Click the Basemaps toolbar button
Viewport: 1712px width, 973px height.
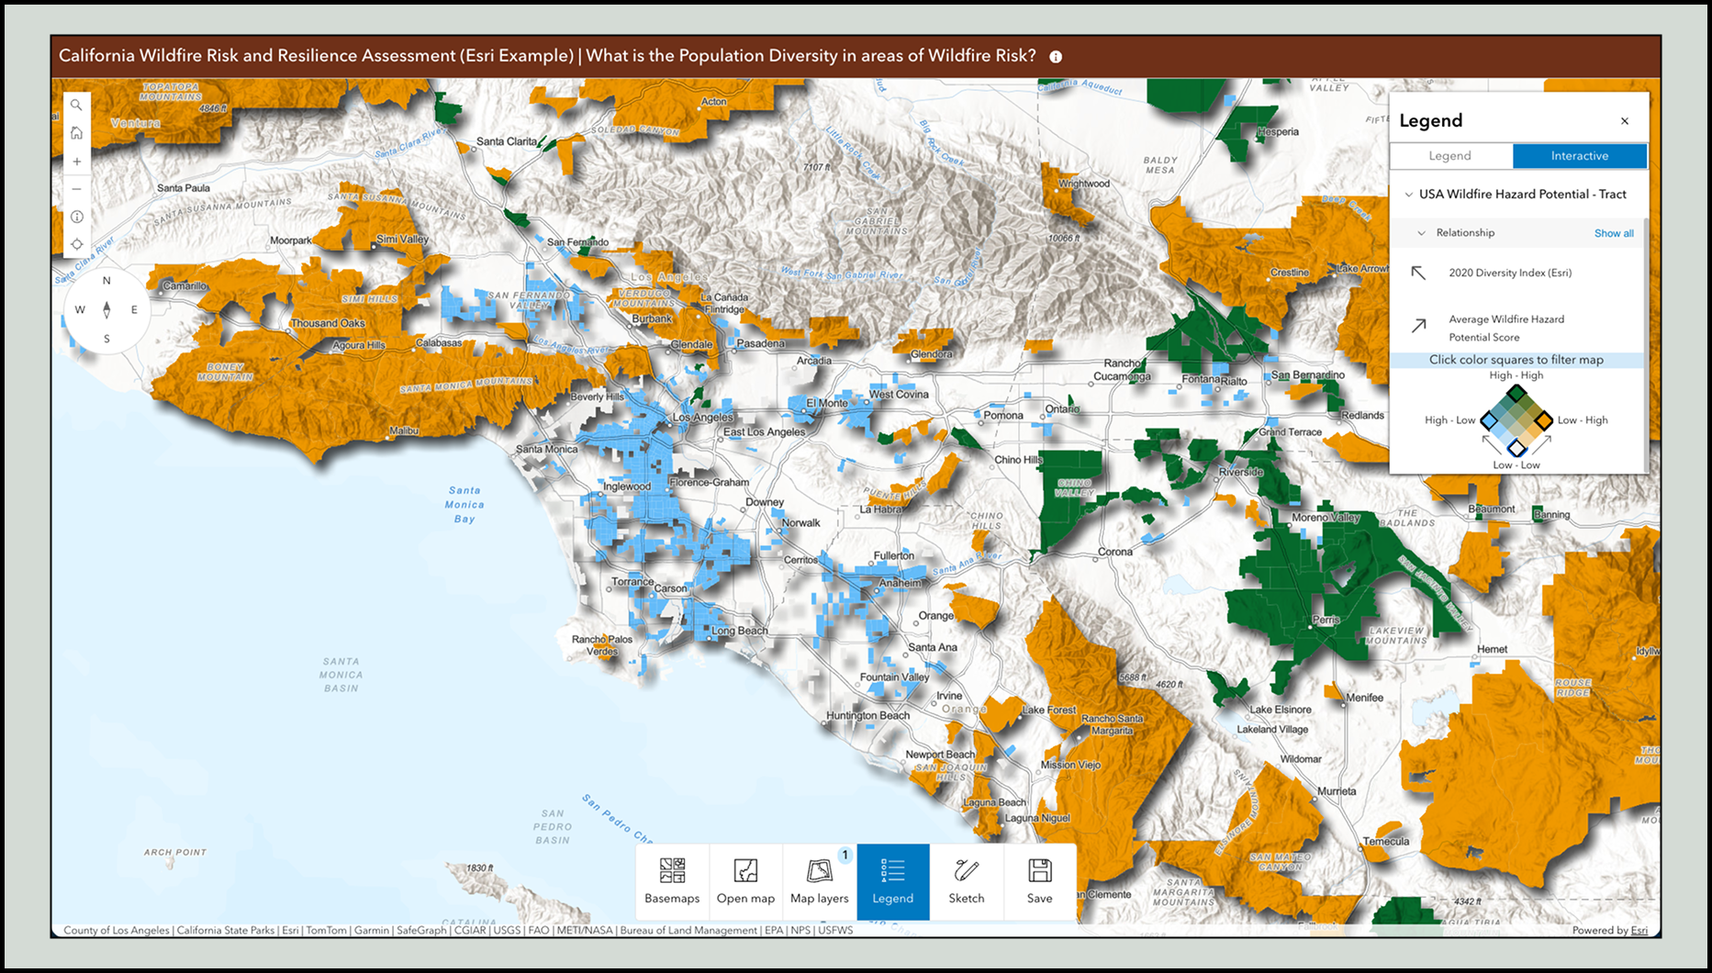point(672,881)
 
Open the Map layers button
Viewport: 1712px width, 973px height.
point(819,881)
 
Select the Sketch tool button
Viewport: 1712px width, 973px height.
point(966,881)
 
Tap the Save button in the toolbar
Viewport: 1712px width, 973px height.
point(1039,881)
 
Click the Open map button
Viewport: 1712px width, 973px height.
point(745,881)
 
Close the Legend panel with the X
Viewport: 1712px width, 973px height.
point(1624,121)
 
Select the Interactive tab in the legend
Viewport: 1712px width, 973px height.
point(1579,156)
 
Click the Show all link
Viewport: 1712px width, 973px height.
point(1613,233)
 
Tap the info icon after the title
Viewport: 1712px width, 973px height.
point(1056,57)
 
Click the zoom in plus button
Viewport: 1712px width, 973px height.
point(77,162)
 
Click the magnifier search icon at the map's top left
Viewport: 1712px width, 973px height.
point(77,106)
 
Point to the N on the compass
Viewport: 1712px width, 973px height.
point(106,281)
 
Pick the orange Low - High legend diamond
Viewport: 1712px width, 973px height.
point(1543,420)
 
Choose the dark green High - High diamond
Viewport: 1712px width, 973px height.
point(1516,394)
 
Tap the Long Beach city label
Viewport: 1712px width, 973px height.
point(739,631)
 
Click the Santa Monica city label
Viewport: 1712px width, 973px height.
point(546,449)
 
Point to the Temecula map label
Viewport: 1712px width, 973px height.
point(1385,841)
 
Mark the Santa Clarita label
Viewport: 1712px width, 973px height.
point(507,141)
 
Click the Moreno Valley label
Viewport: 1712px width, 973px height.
point(1326,518)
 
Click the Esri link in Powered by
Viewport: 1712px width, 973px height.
point(1639,930)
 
